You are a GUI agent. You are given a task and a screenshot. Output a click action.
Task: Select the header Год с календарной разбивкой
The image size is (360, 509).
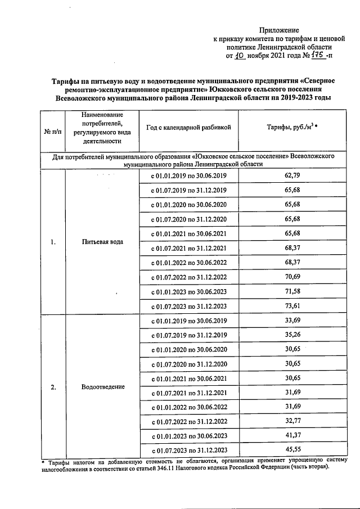click(x=188, y=128)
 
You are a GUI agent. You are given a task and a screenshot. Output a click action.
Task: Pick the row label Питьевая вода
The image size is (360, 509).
click(x=102, y=242)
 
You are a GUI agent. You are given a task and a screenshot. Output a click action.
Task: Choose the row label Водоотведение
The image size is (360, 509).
click(x=102, y=388)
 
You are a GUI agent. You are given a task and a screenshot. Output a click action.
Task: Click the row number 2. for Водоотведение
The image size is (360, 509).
click(x=52, y=388)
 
